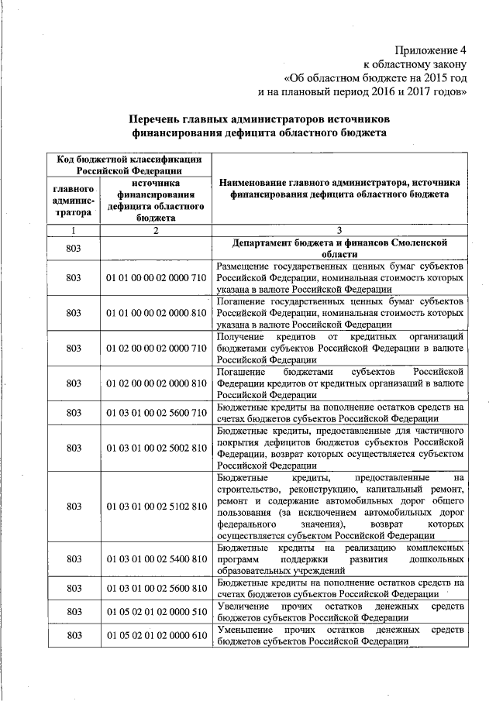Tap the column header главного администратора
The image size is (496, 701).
[x=74, y=200]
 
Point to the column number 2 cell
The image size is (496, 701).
[x=156, y=230]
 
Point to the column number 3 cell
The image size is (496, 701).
[x=339, y=230]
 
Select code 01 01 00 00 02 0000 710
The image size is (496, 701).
[x=156, y=277]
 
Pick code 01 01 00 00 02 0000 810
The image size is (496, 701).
[x=156, y=312]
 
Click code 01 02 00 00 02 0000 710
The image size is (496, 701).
[x=156, y=348]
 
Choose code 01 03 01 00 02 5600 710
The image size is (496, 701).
[x=156, y=412]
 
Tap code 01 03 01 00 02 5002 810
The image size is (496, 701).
[x=156, y=448]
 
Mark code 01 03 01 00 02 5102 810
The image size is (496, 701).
[x=156, y=506]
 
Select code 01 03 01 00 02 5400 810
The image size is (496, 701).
[x=156, y=558]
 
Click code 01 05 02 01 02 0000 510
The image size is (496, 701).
[x=156, y=611]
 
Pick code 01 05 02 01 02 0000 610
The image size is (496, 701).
[x=156, y=635]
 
